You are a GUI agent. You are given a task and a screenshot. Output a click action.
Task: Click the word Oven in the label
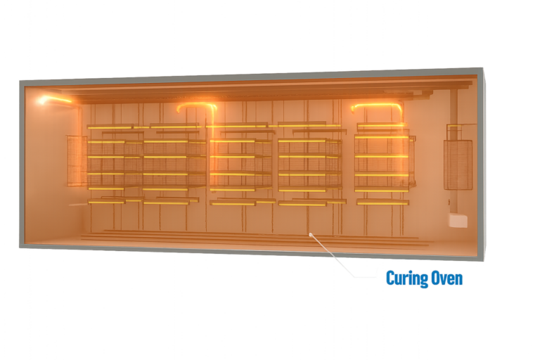coord(446,278)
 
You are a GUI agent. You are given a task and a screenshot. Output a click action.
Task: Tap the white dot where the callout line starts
coord(309,233)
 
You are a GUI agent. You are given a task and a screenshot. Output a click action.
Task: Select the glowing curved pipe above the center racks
coord(198,106)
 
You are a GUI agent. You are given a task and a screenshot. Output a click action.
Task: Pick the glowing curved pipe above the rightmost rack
coord(377,107)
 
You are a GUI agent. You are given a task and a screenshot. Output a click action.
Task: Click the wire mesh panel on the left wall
coord(76,160)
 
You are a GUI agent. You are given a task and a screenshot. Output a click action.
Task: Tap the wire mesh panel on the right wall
coord(457,165)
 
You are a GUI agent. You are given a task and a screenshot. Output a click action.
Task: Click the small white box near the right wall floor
coord(458,221)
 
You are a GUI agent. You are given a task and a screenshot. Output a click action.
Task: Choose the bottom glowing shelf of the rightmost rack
coord(382,202)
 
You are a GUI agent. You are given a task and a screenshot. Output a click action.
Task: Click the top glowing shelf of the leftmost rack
coord(109,127)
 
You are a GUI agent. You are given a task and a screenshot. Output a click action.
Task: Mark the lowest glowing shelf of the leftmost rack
coord(106,202)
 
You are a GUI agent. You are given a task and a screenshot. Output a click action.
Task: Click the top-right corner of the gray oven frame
coord(482,70)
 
